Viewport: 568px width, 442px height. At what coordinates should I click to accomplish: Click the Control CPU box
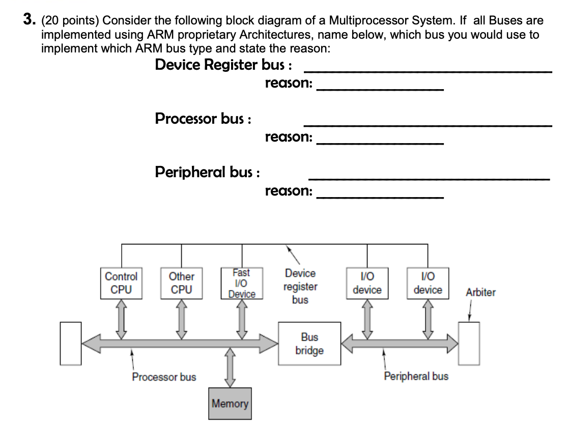click(121, 283)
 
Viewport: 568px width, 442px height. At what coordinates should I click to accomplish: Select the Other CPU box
click(181, 283)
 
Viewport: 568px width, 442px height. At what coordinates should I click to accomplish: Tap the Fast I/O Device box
click(241, 283)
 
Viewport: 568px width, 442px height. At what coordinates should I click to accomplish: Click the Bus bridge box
click(309, 344)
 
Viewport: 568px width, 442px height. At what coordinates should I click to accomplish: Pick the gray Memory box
click(230, 404)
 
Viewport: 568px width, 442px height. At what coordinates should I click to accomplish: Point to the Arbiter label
click(480, 292)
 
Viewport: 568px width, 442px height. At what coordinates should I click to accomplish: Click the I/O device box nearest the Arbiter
click(428, 283)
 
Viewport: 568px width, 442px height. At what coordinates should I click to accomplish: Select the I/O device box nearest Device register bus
click(367, 283)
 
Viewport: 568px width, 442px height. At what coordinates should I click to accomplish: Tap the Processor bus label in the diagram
click(164, 377)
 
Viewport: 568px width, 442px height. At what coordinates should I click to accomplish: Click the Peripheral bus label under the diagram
click(416, 376)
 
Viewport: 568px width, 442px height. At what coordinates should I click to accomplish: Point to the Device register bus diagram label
click(300, 287)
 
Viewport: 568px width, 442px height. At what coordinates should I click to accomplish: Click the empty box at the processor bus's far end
click(71, 343)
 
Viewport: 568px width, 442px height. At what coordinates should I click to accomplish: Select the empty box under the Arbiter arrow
click(468, 343)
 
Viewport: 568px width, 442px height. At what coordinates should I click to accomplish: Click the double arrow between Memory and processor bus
click(231, 366)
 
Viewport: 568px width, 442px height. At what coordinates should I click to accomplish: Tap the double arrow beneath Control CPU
click(121, 319)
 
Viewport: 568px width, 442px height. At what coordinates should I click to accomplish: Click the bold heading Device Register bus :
click(223, 65)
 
